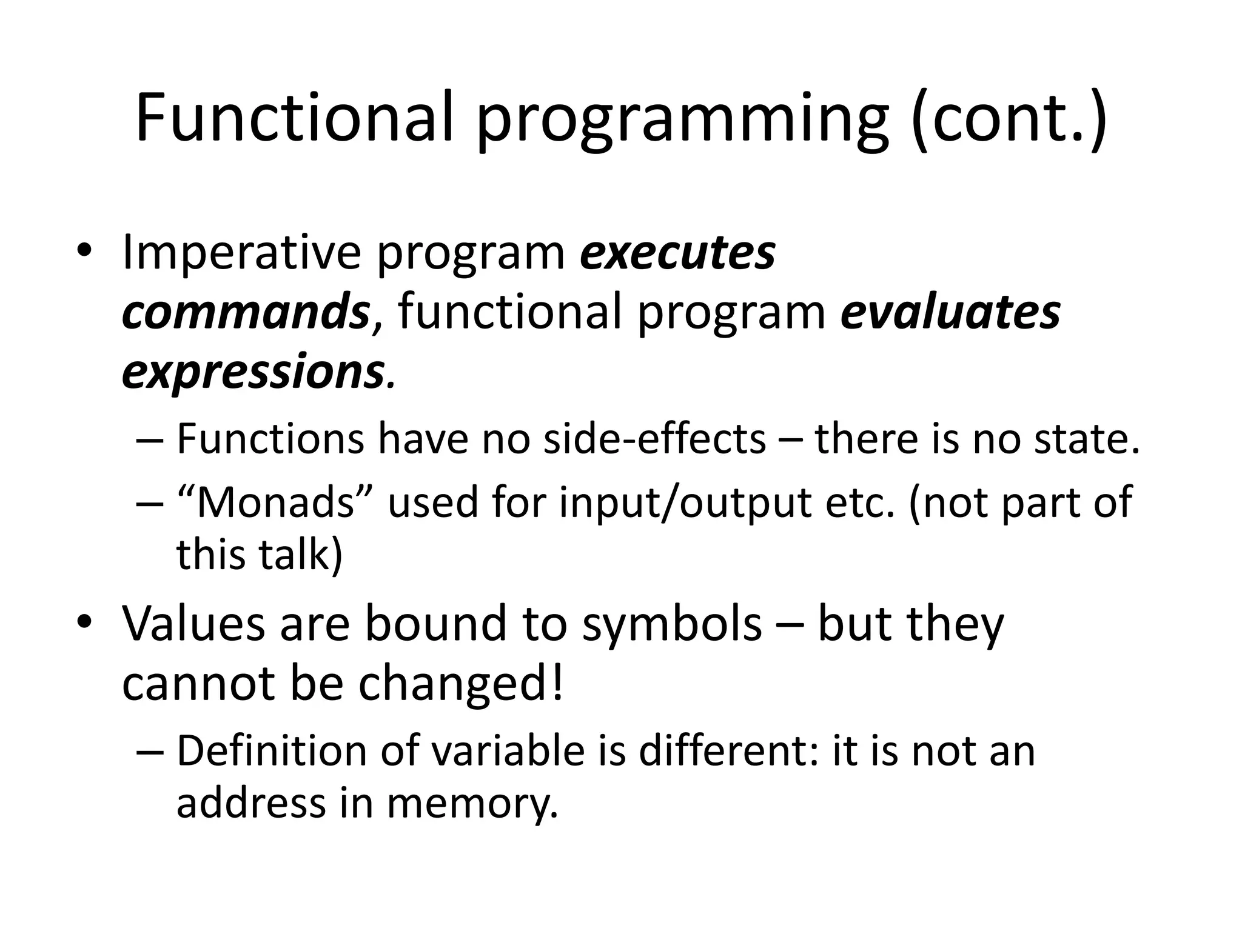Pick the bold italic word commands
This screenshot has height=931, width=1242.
246,312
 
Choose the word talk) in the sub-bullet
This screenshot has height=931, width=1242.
300,554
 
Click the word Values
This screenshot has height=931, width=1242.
193,624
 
